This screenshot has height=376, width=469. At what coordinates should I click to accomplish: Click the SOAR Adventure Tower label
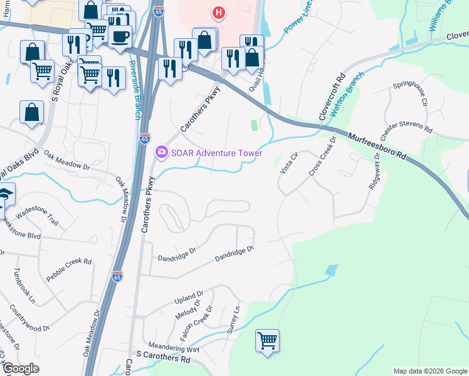pyautogui.click(x=216, y=152)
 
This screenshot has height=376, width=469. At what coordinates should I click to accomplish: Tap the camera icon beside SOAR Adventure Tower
pyautogui.click(x=162, y=152)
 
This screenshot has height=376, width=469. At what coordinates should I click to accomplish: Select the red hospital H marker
pyautogui.click(x=218, y=13)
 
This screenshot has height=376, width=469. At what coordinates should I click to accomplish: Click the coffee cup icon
pyautogui.click(x=119, y=35)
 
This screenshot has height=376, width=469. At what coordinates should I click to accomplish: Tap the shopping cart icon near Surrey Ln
pyautogui.click(x=267, y=341)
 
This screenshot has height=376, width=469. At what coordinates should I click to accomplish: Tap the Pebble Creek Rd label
pyautogui.click(x=70, y=269)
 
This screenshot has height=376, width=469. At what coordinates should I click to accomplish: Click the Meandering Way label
pyautogui.click(x=174, y=348)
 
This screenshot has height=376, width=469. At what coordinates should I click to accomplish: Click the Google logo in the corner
pyautogui.click(x=20, y=368)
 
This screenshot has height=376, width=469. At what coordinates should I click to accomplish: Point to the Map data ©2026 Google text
pyautogui.click(x=429, y=371)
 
